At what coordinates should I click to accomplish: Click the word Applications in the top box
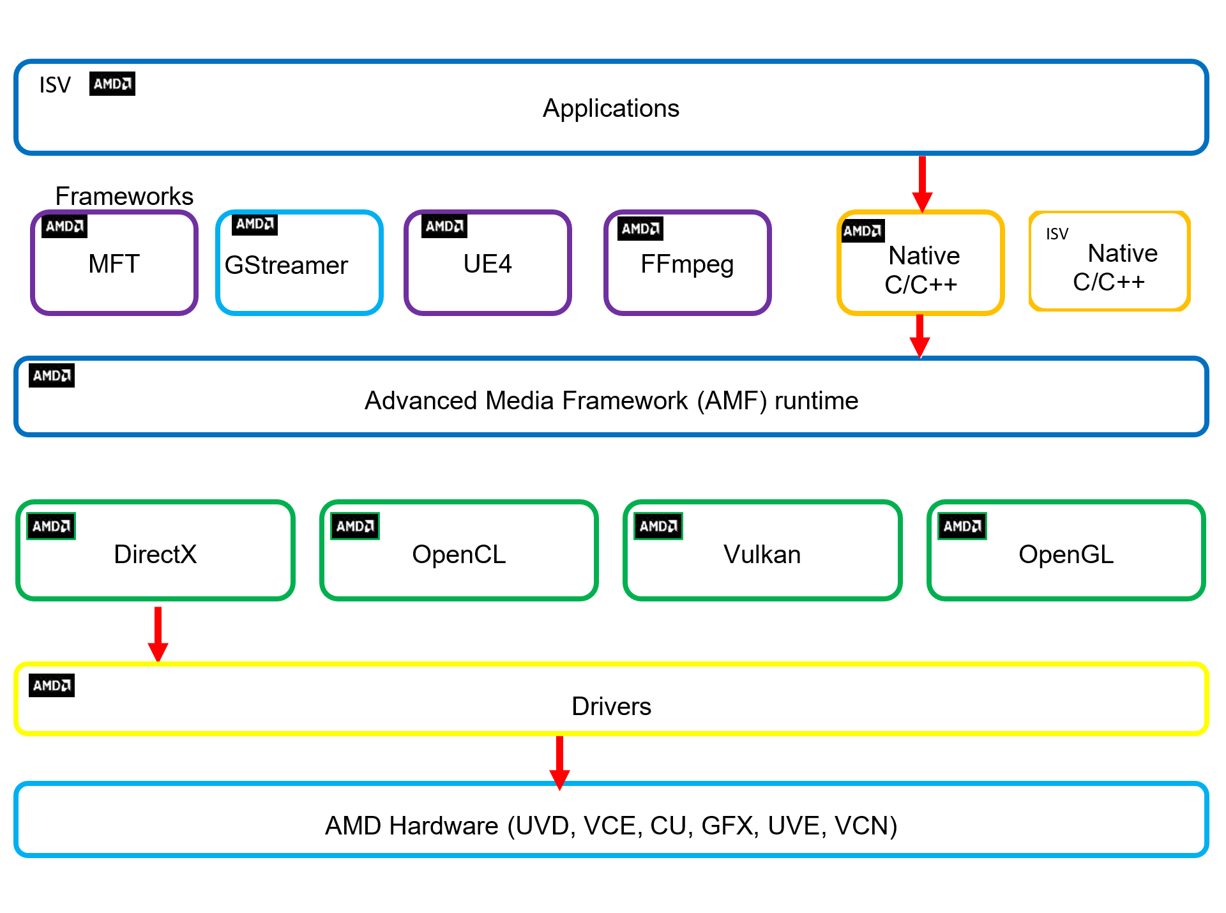pyautogui.click(x=610, y=109)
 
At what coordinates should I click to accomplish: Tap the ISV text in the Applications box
pyautogui.click(x=55, y=85)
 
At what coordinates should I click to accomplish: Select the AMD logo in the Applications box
pyautogui.click(x=112, y=84)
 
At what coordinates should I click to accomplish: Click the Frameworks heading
pyautogui.click(x=124, y=196)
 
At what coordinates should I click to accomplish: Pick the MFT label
pyautogui.click(x=114, y=264)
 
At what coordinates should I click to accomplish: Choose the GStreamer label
pyautogui.click(x=286, y=265)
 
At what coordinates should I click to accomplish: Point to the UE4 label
pyautogui.click(x=487, y=264)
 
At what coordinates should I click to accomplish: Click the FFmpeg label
pyautogui.click(x=687, y=264)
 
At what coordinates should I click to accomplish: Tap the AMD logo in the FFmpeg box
pyautogui.click(x=640, y=229)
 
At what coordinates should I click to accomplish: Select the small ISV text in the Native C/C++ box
pyautogui.click(x=1057, y=234)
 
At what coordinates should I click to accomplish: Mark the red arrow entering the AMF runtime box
pyautogui.click(x=919, y=336)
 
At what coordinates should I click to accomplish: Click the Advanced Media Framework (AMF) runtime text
pyautogui.click(x=611, y=401)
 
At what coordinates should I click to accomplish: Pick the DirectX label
pyautogui.click(x=155, y=554)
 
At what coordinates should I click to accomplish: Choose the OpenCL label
pyautogui.click(x=458, y=554)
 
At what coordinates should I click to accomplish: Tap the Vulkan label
pyautogui.click(x=762, y=554)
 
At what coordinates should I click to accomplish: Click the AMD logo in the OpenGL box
pyautogui.click(x=962, y=526)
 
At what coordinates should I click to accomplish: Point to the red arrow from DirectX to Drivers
pyautogui.click(x=158, y=634)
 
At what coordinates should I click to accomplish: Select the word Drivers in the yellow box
pyautogui.click(x=611, y=706)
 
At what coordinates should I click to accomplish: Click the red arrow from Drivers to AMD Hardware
pyautogui.click(x=559, y=762)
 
